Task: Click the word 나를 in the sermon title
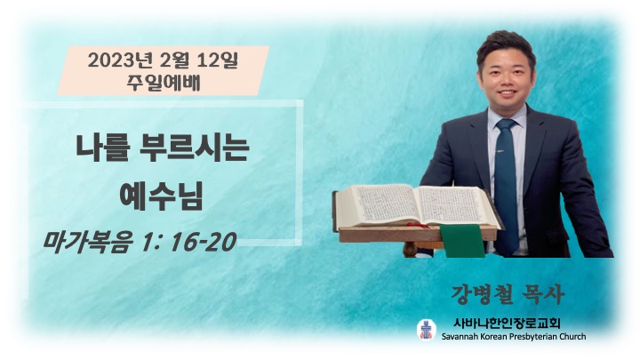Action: click(103, 148)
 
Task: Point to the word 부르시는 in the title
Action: click(194, 148)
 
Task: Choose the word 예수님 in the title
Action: click(162, 196)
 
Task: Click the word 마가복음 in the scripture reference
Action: click(88, 242)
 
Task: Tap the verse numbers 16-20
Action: click(204, 242)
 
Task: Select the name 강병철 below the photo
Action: click(482, 293)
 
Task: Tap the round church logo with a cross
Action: click(427, 329)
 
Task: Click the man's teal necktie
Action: click(507, 187)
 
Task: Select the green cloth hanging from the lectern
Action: click(462, 240)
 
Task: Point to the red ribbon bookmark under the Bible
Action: click(418, 225)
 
